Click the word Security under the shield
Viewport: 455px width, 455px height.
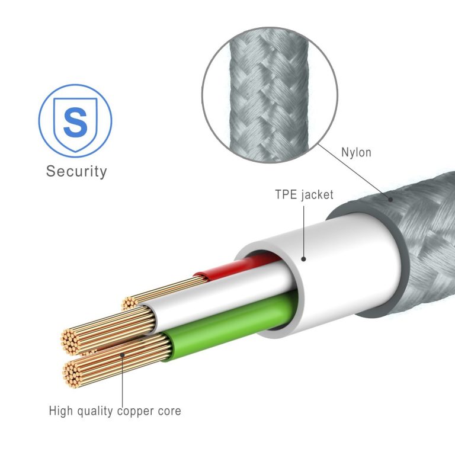click(x=76, y=171)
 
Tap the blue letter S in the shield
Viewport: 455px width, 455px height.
click(x=75, y=122)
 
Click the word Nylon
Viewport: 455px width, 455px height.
click(x=356, y=153)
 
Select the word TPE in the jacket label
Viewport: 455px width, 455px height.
click(x=286, y=194)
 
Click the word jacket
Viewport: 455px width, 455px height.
click(x=317, y=195)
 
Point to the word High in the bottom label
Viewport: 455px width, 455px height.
click(x=60, y=411)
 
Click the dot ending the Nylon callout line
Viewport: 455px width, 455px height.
click(x=390, y=199)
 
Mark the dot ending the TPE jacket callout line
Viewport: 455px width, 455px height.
click(x=303, y=259)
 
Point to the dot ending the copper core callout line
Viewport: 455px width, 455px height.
click(x=123, y=355)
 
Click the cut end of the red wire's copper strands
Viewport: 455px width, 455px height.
click(x=129, y=303)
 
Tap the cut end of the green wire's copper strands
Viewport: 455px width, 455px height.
click(x=72, y=374)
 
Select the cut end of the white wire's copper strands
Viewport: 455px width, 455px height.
click(x=71, y=342)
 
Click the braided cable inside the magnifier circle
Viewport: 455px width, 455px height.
click(x=269, y=95)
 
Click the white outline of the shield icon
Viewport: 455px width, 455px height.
click(x=55, y=122)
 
